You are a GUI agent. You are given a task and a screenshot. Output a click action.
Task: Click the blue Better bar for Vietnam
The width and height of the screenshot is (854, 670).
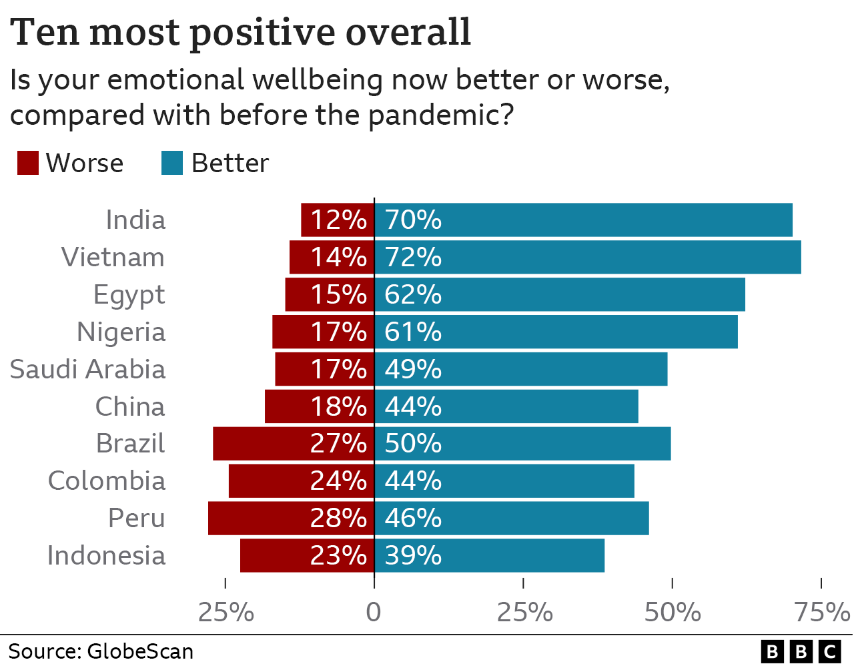(587, 258)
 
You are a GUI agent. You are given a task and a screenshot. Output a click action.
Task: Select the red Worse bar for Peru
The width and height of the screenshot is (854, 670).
(291, 519)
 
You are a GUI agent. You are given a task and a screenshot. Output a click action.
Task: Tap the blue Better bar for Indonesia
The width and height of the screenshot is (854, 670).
(489, 556)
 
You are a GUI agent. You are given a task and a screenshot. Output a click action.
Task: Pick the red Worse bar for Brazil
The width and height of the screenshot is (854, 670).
(294, 444)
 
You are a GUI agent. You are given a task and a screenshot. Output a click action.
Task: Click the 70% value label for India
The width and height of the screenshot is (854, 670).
(413, 220)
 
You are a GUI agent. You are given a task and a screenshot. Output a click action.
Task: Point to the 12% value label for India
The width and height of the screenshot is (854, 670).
(338, 220)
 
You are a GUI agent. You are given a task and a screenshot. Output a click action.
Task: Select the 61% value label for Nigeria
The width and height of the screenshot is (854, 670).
(413, 332)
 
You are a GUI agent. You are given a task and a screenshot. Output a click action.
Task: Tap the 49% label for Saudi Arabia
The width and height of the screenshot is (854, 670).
(413, 370)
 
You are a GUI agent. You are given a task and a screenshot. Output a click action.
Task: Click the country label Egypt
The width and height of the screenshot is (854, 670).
(129, 296)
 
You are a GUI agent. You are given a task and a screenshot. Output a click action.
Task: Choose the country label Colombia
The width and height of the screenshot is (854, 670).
(107, 481)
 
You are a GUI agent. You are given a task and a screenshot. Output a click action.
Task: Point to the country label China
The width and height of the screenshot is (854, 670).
(130, 407)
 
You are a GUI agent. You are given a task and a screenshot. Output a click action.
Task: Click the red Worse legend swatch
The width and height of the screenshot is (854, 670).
(28, 163)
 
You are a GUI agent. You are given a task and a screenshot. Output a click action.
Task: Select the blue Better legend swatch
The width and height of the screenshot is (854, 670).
(172, 163)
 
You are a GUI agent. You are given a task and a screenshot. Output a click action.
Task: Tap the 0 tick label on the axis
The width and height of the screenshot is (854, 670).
(374, 612)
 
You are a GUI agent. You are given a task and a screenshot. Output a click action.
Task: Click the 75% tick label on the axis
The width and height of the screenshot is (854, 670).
(821, 612)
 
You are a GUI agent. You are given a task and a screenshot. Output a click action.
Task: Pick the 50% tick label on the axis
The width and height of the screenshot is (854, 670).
(673, 612)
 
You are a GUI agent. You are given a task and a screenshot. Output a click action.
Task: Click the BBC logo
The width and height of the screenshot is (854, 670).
(801, 651)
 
